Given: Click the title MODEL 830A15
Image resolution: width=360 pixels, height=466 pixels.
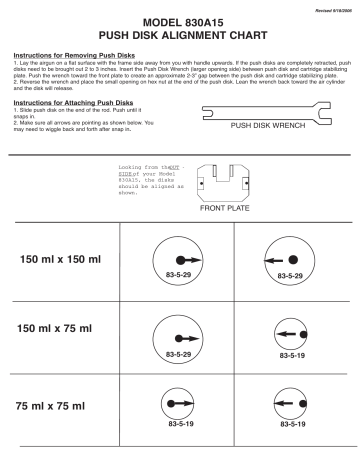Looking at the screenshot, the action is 180,21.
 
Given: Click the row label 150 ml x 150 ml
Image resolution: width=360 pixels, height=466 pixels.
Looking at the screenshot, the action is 62,260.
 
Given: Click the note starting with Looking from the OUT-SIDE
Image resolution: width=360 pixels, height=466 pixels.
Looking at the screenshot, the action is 150,175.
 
